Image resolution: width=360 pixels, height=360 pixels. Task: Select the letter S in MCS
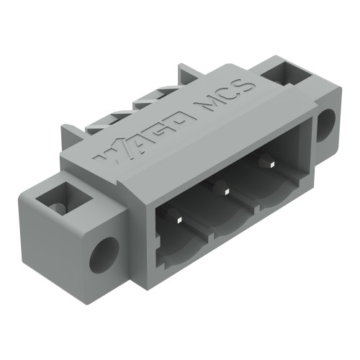[x=247, y=86]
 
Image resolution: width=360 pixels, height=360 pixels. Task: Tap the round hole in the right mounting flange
[x=325, y=124]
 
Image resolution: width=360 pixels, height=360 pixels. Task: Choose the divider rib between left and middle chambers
[x=209, y=225]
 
